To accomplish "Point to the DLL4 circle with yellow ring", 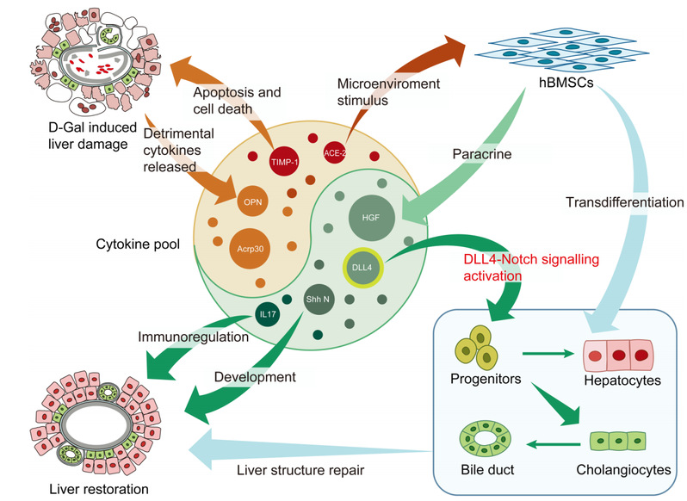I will pos(361,268).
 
